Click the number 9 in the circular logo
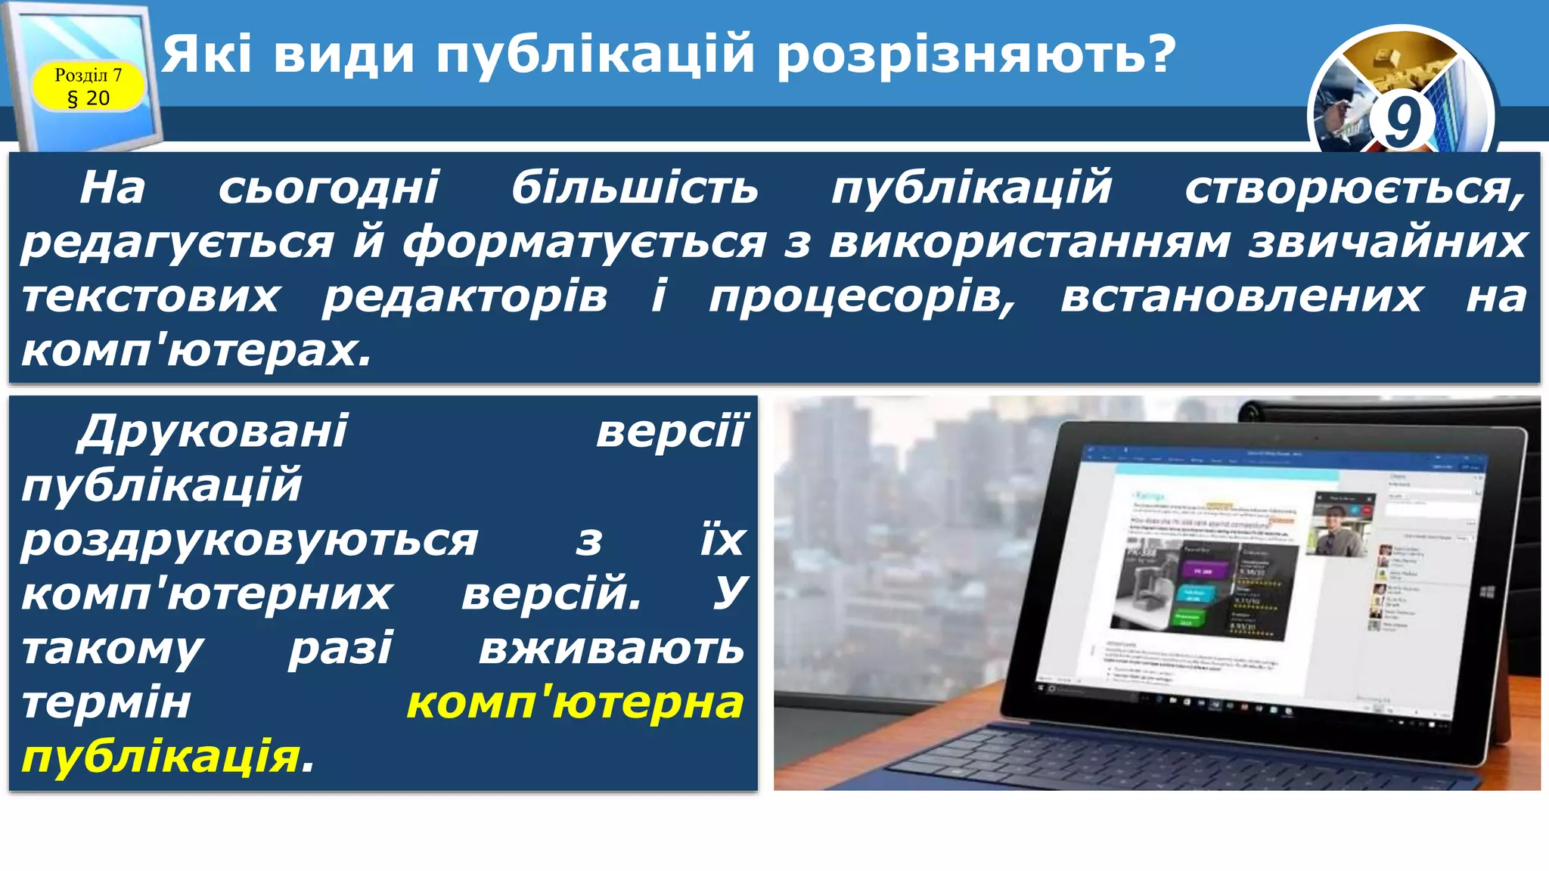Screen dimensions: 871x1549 1401,121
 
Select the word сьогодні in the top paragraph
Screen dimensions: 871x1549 328,188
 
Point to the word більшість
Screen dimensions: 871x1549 635,188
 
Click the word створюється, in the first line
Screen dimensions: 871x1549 1354,188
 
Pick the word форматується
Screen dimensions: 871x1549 584,243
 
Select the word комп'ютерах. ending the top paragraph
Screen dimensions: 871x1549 197,351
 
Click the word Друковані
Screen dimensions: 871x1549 213,432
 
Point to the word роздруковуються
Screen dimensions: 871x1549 250,541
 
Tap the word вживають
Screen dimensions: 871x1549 611,649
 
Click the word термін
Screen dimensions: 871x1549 106,703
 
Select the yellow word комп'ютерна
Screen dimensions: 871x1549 575,703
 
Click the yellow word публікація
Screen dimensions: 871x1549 161,758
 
